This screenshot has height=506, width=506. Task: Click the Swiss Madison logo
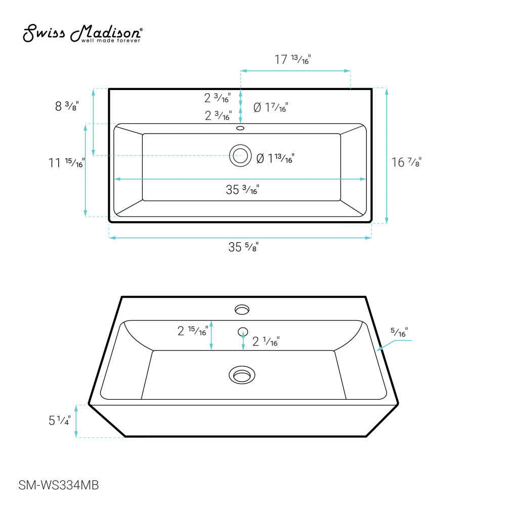coord(82,33)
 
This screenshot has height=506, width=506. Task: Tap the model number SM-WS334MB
coord(58,485)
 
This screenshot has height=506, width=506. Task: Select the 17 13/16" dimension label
coord(292,59)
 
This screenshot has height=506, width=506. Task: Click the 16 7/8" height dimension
coord(407,162)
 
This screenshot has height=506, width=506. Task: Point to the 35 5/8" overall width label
coord(243,247)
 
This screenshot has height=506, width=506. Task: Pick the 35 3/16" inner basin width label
coord(242,190)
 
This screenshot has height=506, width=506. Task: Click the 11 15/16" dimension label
coord(66,162)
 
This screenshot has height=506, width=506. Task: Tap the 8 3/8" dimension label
coord(67,106)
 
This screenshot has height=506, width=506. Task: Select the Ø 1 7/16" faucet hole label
coord(271,107)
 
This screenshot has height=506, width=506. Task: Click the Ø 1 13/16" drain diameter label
coord(275,158)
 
